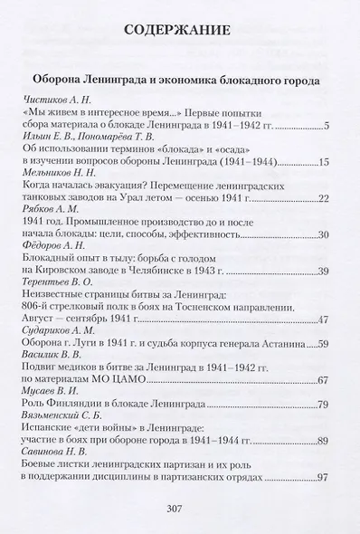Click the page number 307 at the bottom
(x=177, y=507)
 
